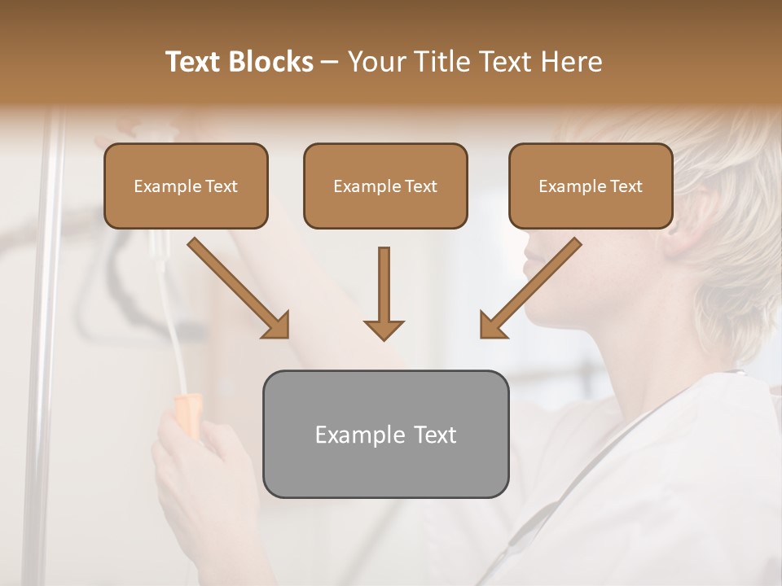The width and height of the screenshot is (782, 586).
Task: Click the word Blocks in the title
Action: click(x=272, y=62)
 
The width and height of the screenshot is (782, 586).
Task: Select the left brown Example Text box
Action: click(x=186, y=186)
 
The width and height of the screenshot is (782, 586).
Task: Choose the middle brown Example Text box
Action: click(x=385, y=186)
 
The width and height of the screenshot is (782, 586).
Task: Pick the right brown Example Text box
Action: click(x=591, y=186)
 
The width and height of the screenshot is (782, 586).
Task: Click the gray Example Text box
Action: click(x=385, y=434)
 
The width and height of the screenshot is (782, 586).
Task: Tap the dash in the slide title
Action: click(x=330, y=62)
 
